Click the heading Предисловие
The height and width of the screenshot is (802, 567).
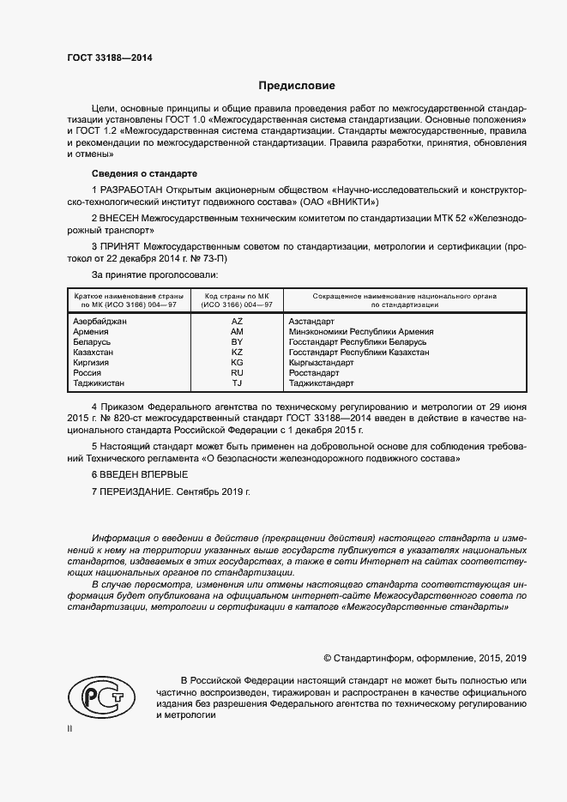(297, 86)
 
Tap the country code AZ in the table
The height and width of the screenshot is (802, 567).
(238, 321)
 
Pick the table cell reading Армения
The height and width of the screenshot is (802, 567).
(92, 331)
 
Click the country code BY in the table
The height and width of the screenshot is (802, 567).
(238, 341)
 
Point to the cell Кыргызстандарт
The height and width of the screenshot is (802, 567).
(321, 363)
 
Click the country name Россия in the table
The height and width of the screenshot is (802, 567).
(89, 373)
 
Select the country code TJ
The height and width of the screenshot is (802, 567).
(238, 383)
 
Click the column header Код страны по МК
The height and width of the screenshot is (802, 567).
(238, 299)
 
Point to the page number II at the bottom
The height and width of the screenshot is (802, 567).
(70, 728)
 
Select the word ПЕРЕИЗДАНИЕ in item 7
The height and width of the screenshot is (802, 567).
(137, 491)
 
